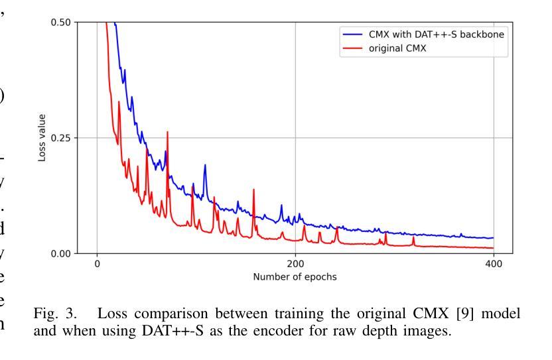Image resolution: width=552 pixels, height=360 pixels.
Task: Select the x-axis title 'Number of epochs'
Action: click(x=295, y=276)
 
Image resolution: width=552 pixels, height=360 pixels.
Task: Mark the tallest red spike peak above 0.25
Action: click(x=167, y=133)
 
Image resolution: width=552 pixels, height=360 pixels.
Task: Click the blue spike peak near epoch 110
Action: click(x=205, y=165)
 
